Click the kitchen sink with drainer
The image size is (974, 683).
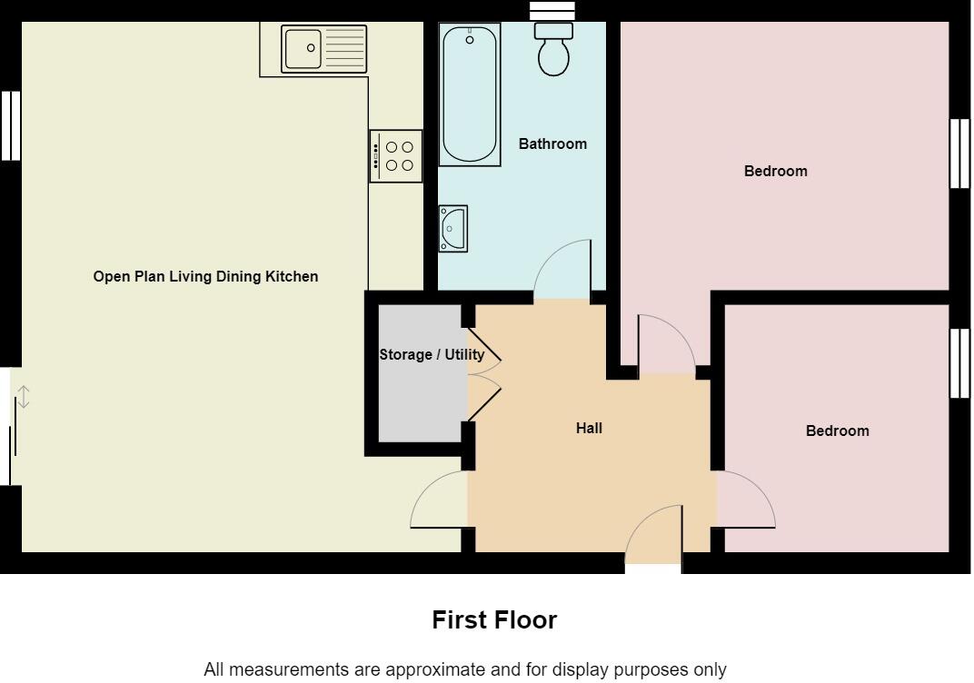pyautogui.click(x=324, y=49)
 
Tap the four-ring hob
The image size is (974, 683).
pyautogui.click(x=396, y=156)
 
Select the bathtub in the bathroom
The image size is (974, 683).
pyautogui.click(x=469, y=94)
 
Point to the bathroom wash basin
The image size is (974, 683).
pyautogui.click(x=452, y=228)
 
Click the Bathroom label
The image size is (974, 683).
pyautogui.click(x=552, y=144)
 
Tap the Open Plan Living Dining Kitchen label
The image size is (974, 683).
pyautogui.click(x=205, y=276)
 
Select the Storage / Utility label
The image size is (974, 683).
pyautogui.click(x=432, y=354)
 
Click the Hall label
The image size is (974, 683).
pyautogui.click(x=589, y=428)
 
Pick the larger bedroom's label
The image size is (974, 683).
pyautogui.click(x=775, y=171)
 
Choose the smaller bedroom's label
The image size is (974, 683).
pyautogui.click(x=837, y=431)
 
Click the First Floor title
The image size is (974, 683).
pyautogui.click(x=494, y=620)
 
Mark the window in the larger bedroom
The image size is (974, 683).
pyautogui.click(x=959, y=154)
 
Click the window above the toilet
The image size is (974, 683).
pyautogui.click(x=553, y=9)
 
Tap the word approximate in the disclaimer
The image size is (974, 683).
pyautogui.click(x=434, y=669)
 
